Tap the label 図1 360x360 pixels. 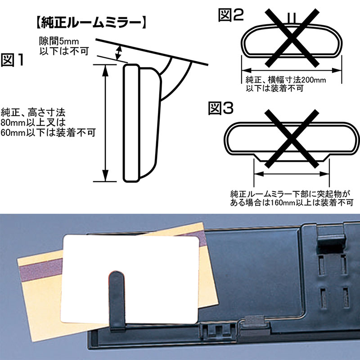(13, 60)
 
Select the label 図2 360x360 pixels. (230, 15)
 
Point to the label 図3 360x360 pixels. (220, 108)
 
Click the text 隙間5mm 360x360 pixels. (59, 41)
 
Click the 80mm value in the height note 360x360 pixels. (13, 122)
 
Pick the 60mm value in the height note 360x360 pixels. (13, 132)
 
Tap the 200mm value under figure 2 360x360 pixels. (314, 80)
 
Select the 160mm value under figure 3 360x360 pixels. (283, 203)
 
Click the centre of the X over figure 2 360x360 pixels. (292, 38)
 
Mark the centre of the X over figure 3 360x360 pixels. (292, 139)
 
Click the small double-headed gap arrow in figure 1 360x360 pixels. (118, 53)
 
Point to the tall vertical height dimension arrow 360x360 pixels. (105, 123)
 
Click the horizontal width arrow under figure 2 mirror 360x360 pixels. (292, 71)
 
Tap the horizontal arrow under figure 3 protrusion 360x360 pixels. (292, 174)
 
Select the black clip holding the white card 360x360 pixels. (117, 301)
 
